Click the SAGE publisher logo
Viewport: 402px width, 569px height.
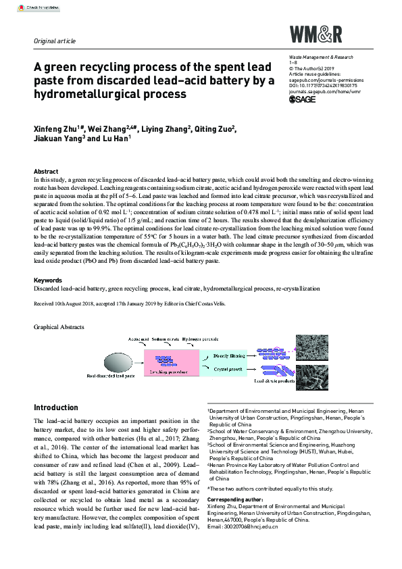pos(302,99)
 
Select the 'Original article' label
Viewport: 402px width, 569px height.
pos(55,41)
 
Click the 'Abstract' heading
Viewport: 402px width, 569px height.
pos(46,172)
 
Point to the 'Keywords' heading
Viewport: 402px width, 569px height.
pos(49,280)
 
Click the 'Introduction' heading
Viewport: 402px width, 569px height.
pos(56,407)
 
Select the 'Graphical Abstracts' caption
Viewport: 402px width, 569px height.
pos(59,327)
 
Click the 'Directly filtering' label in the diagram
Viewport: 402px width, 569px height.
pos(229,355)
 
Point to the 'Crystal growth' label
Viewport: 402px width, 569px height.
pos(228,371)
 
